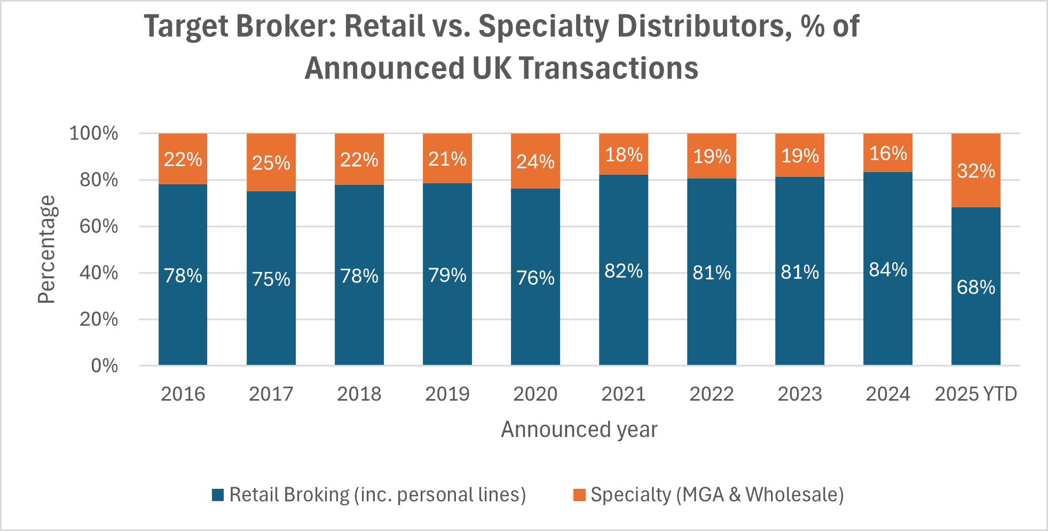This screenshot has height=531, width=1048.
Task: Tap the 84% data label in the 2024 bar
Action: pos(888,270)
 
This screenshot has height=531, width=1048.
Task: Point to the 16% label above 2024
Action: pos(888,154)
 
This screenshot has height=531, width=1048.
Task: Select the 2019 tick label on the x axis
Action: pos(447,394)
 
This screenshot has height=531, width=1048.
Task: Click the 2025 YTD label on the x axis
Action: pos(976,394)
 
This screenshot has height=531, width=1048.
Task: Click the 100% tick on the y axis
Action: pos(94,134)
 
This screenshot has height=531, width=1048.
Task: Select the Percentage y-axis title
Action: pos(47,249)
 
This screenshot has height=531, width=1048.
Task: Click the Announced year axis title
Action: pos(579,430)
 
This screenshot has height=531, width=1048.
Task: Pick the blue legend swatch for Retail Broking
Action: pos(218,495)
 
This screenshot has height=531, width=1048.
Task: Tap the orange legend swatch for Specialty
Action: pos(579,495)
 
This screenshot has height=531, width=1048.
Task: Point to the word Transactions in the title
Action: pos(609,68)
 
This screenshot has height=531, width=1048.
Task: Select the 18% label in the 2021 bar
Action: pos(624,155)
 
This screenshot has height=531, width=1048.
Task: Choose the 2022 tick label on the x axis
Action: pos(712,394)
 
